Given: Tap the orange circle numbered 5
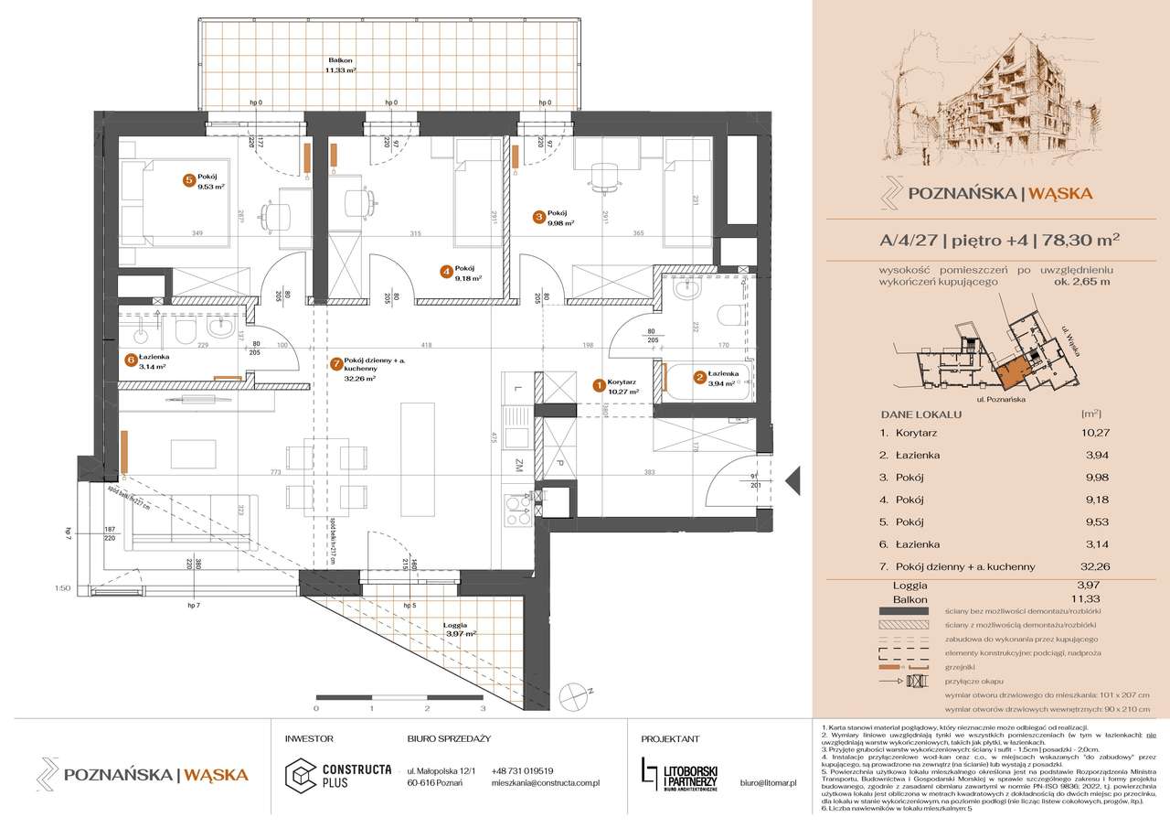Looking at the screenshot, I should coord(188,181).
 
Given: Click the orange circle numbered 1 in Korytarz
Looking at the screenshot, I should coord(599,386).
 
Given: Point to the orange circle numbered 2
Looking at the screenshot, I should coord(699,376).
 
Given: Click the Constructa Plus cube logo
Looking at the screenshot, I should coord(300,776).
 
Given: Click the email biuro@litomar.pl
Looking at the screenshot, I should coord(769,783).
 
